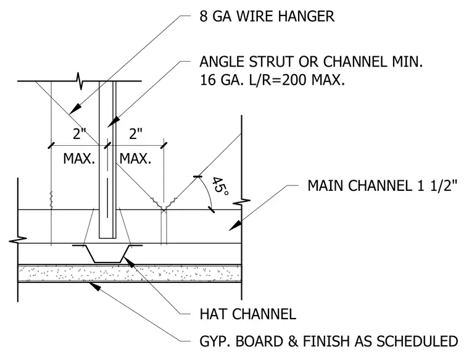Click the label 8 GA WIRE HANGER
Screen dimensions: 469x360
click(267, 16)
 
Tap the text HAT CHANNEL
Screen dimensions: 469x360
click(247, 314)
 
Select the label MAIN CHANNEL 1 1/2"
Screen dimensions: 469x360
click(383, 185)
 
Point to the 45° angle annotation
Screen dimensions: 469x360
click(220, 186)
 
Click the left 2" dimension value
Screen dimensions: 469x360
click(79, 134)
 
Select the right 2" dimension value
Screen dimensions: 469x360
click(136, 134)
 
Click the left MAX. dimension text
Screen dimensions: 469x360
click(79, 158)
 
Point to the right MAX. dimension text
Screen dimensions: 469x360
click(135, 158)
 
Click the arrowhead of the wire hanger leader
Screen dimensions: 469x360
click(76, 108)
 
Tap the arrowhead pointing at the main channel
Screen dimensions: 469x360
click(235, 225)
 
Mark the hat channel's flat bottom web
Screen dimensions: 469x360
click(107, 262)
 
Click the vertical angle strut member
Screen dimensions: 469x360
click(107, 159)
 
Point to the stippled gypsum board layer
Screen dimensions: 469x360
click(130, 274)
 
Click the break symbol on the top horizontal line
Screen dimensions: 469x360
click(80, 81)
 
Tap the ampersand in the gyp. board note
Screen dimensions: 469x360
click(294, 341)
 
